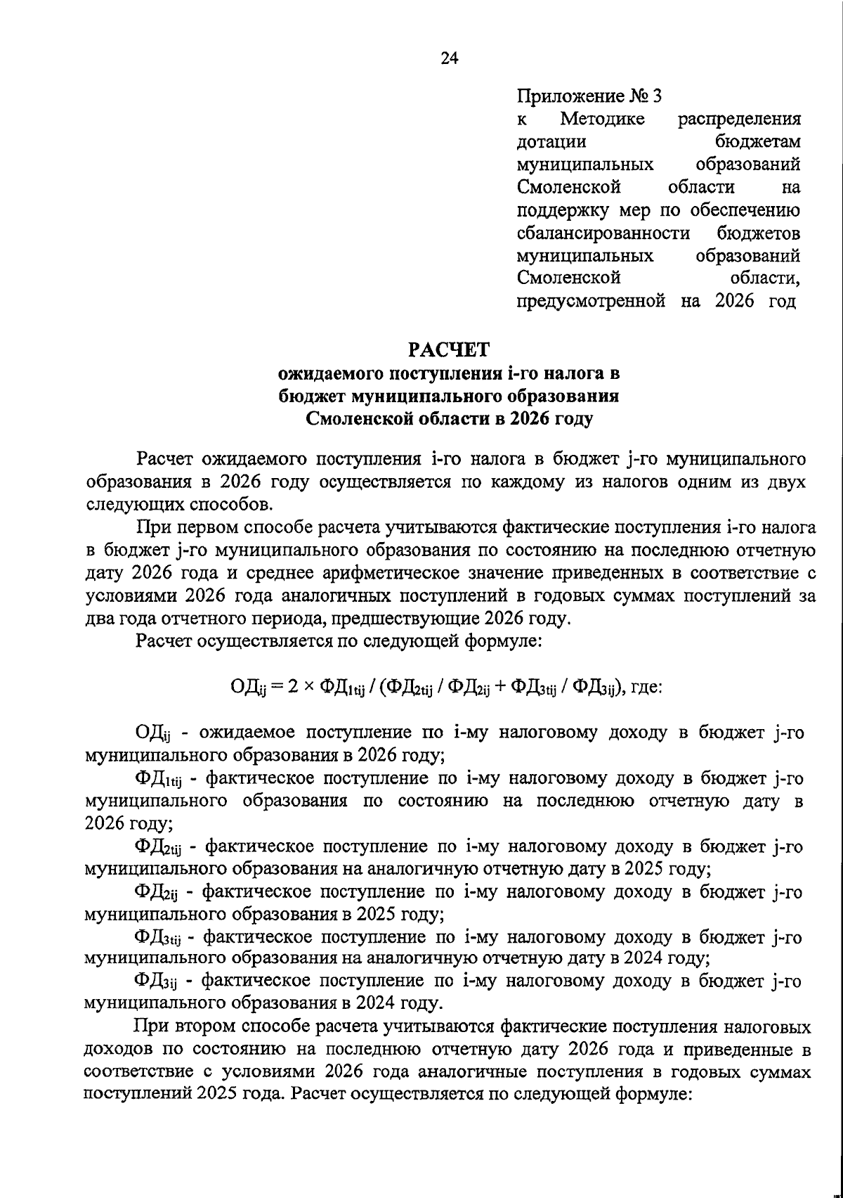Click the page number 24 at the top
(450, 59)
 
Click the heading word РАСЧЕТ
(450, 349)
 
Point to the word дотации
(551, 141)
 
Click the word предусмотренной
(591, 302)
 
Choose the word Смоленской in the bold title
(359, 419)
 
